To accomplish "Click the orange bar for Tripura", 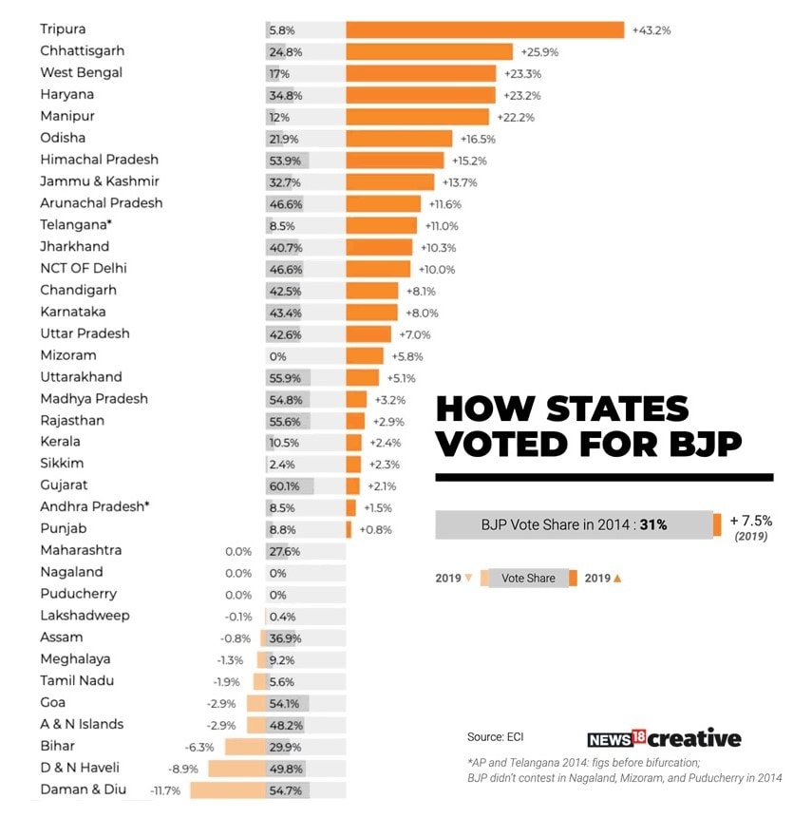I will pos(484,29).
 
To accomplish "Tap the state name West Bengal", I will pos(81,72).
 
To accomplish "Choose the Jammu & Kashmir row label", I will pos(100,181).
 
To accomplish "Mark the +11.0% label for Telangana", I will pos(441,225).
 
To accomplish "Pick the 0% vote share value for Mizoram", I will pos(277,356).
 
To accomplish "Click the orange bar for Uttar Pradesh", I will pos(368,334).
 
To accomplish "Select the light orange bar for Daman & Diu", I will pos(228,789).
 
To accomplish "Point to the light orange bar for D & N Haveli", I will pos(236,768).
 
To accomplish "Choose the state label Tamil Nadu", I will pos(74,680).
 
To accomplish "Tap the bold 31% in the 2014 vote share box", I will pos(652,524).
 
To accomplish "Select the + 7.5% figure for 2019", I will pos(751,521).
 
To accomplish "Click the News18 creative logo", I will pos(664,738).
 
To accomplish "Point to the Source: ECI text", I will pos(495,736).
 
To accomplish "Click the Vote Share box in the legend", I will pos(528,578).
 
